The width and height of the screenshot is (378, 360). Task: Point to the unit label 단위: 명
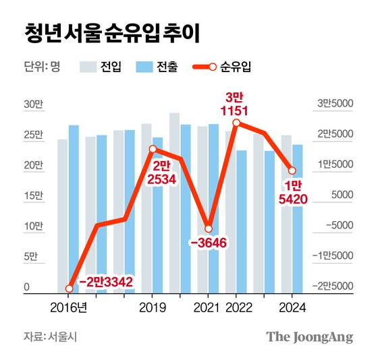click(42, 67)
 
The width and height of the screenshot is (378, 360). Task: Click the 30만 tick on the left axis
click(33, 104)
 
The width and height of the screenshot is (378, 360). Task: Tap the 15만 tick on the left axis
click(33, 196)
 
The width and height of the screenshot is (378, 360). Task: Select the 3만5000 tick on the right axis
click(335, 104)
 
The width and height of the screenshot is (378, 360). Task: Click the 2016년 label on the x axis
click(69, 307)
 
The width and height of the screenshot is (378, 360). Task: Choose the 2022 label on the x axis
click(236, 307)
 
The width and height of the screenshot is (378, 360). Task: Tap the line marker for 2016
click(69, 289)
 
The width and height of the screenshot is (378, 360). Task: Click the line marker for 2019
click(153, 148)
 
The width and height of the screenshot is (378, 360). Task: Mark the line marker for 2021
click(209, 229)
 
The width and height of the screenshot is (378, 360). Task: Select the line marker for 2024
click(292, 170)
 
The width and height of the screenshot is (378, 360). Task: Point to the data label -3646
click(208, 243)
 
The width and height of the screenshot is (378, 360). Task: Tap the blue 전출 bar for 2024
click(297, 219)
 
